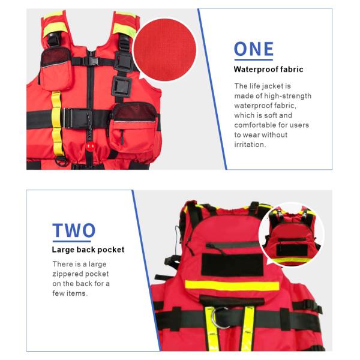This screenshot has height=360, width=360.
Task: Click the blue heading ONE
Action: click(254, 49)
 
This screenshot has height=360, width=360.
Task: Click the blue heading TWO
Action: click(74, 230)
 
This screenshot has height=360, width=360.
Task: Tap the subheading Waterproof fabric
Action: click(268, 70)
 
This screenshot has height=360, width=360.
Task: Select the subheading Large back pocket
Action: click(88, 250)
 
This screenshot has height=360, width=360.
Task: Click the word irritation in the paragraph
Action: click(249, 145)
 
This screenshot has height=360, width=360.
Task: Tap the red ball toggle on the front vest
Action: click(91, 146)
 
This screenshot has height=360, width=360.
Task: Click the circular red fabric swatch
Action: click(165, 50)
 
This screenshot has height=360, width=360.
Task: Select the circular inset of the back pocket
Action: click(292, 235)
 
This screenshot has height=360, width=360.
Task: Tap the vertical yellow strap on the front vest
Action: click(56, 124)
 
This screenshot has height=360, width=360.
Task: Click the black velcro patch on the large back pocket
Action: click(232, 265)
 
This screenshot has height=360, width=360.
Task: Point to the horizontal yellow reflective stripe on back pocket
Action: click(232, 286)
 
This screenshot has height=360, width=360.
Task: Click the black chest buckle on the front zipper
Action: click(91, 61)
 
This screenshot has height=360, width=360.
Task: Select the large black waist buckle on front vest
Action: click(77, 118)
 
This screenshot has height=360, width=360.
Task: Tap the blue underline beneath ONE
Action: click(254, 59)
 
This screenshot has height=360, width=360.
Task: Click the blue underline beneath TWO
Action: click(72, 241)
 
